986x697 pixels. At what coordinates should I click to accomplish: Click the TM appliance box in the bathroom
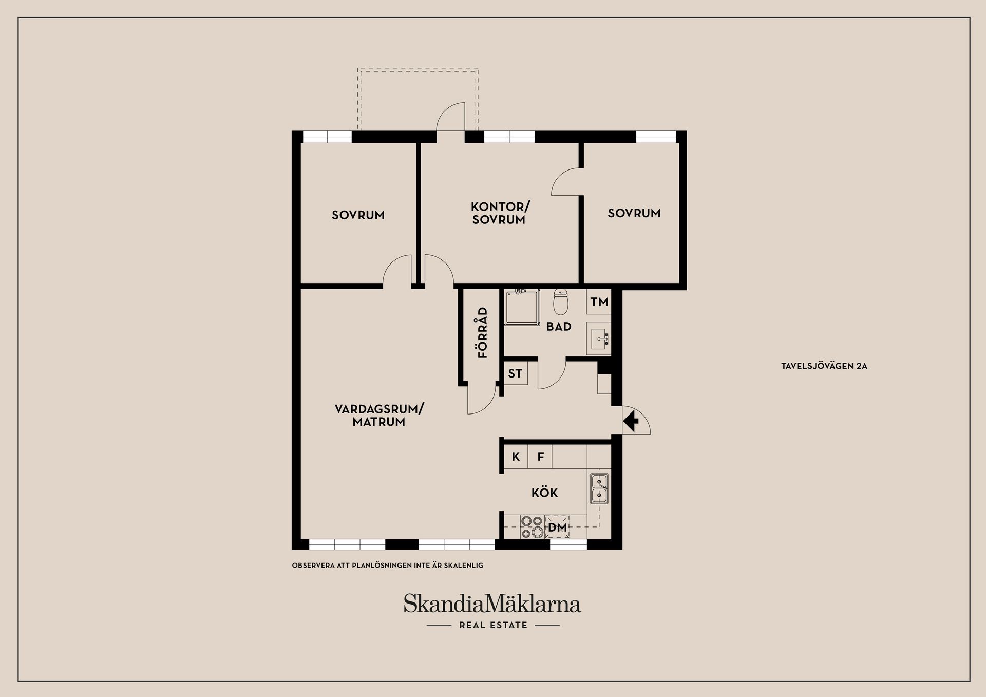599,302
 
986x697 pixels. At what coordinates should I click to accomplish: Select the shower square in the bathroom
522,307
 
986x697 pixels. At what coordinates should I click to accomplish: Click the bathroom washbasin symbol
599,339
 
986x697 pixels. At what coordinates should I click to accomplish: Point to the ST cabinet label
515,374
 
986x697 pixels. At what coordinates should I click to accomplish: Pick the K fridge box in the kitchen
516,457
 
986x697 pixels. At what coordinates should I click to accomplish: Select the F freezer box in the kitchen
540,457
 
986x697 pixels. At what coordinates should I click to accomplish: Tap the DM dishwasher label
557,528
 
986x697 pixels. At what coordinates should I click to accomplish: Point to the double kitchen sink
599,488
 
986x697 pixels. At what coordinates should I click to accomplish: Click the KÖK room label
544,493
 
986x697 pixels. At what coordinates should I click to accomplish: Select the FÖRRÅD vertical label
483,332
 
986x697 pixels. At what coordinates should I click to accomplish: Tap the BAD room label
559,327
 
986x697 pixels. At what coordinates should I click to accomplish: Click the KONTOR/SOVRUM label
500,213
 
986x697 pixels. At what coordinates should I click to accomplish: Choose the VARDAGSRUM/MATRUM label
379,416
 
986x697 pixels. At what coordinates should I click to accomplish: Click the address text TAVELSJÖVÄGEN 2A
824,366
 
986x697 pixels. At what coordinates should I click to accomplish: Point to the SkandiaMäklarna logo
492,604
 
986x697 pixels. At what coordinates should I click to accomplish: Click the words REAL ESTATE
493,625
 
